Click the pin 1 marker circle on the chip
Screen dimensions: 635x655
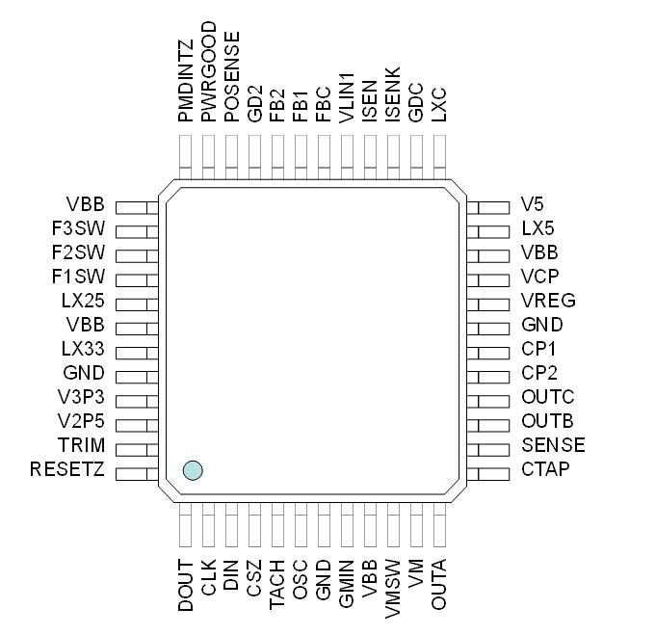(193, 470)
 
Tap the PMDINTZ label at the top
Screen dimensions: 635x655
(185, 77)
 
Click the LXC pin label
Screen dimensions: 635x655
(439, 102)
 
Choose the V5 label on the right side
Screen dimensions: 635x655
(532, 204)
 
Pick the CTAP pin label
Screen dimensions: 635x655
(545, 469)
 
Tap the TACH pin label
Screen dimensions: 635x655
(277, 585)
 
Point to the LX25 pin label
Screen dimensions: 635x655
(82, 301)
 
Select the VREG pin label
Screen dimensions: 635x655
(548, 300)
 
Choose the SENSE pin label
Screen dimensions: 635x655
(553, 445)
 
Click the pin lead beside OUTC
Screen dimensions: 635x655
(488, 398)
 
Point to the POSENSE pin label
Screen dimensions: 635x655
(231, 76)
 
